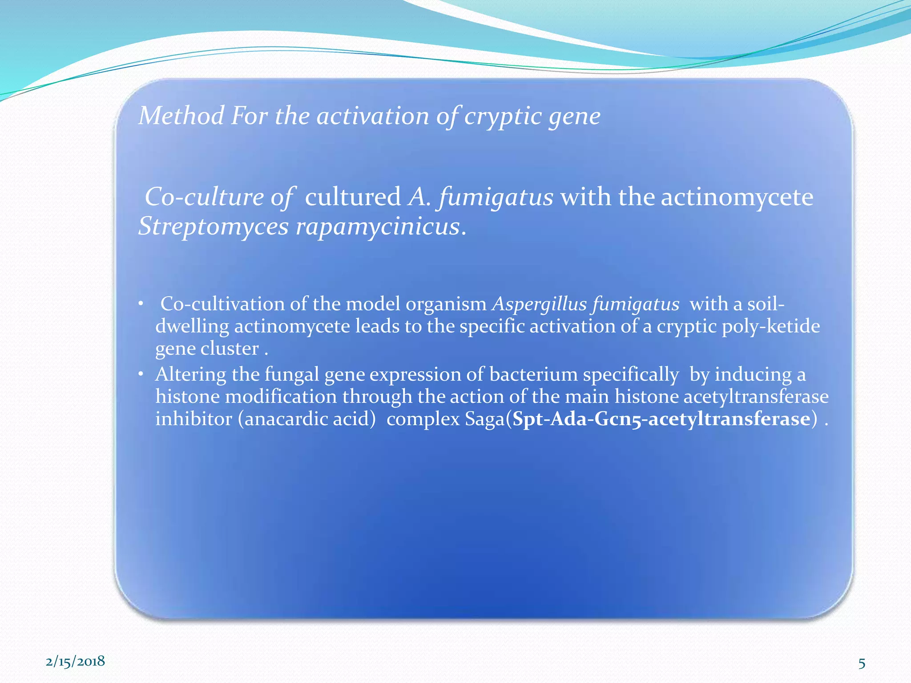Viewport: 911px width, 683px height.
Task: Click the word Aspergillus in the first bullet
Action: [x=539, y=305]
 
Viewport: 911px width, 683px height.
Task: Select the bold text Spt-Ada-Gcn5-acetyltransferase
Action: [x=661, y=419]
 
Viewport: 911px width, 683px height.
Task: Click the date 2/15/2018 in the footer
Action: [x=75, y=661]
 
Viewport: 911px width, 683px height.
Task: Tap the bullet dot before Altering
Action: [x=141, y=375]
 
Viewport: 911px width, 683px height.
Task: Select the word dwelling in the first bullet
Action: [x=192, y=326]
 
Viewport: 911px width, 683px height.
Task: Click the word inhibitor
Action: [x=193, y=419]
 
